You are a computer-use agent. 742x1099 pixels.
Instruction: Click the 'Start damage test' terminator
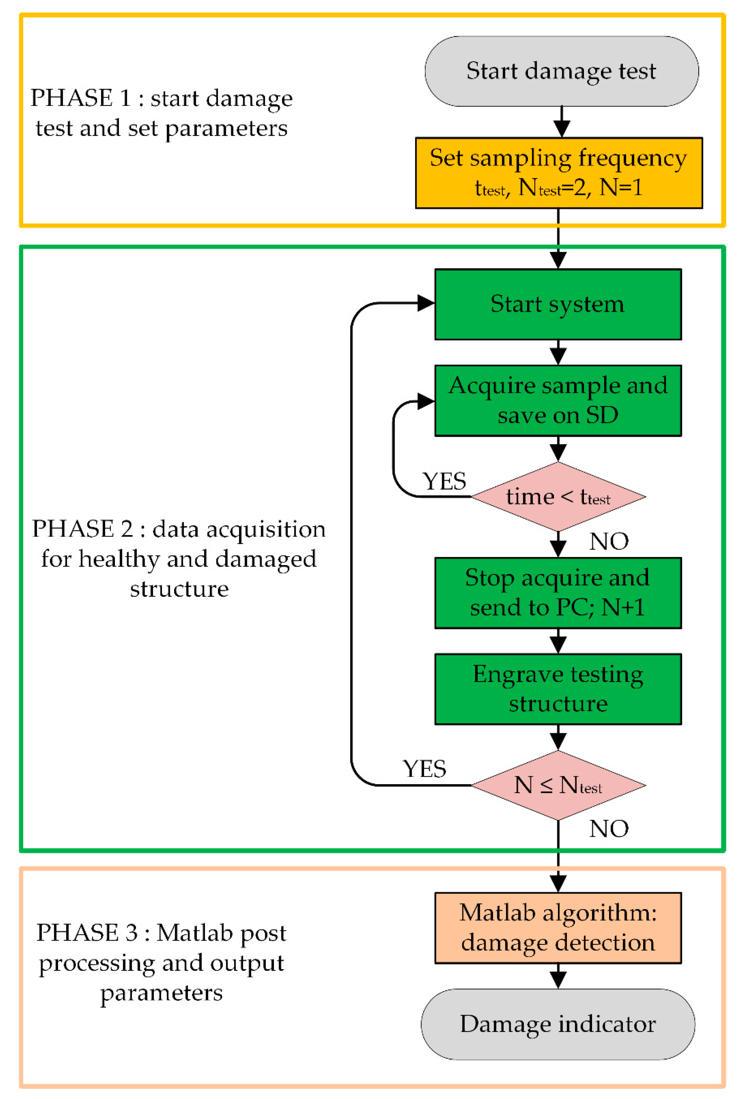pyautogui.click(x=561, y=71)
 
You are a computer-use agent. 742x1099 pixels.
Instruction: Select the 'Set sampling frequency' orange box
pyautogui.click(x=559, y=173)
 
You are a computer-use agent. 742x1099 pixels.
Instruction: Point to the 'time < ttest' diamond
pyautogui.click(x=558, y=497)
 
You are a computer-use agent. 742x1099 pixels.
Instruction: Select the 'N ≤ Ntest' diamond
pyautogui.click(x=558, y=785)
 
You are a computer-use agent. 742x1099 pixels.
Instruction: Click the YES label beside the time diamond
pyautogui.click(x=444, y=482)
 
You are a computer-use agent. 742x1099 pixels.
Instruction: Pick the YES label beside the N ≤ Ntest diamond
pyautogui.click(x=424, y=769)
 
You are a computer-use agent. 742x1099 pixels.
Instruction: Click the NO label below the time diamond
pyautogui.click(x=609, y=541)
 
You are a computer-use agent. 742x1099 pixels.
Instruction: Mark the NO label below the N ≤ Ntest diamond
pyautogui.click(x=609, y=829)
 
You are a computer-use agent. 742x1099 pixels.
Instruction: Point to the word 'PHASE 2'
pyautogui.click(x=82, y=529)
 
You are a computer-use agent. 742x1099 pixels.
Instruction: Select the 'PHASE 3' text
pyautogui.click(x=87, y=933)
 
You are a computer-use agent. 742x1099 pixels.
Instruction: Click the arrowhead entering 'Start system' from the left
pyautogui.click(x=426, y=303)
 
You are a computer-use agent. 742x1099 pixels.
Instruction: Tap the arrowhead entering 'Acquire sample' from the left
pyautogui.click(x=426, y=401)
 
